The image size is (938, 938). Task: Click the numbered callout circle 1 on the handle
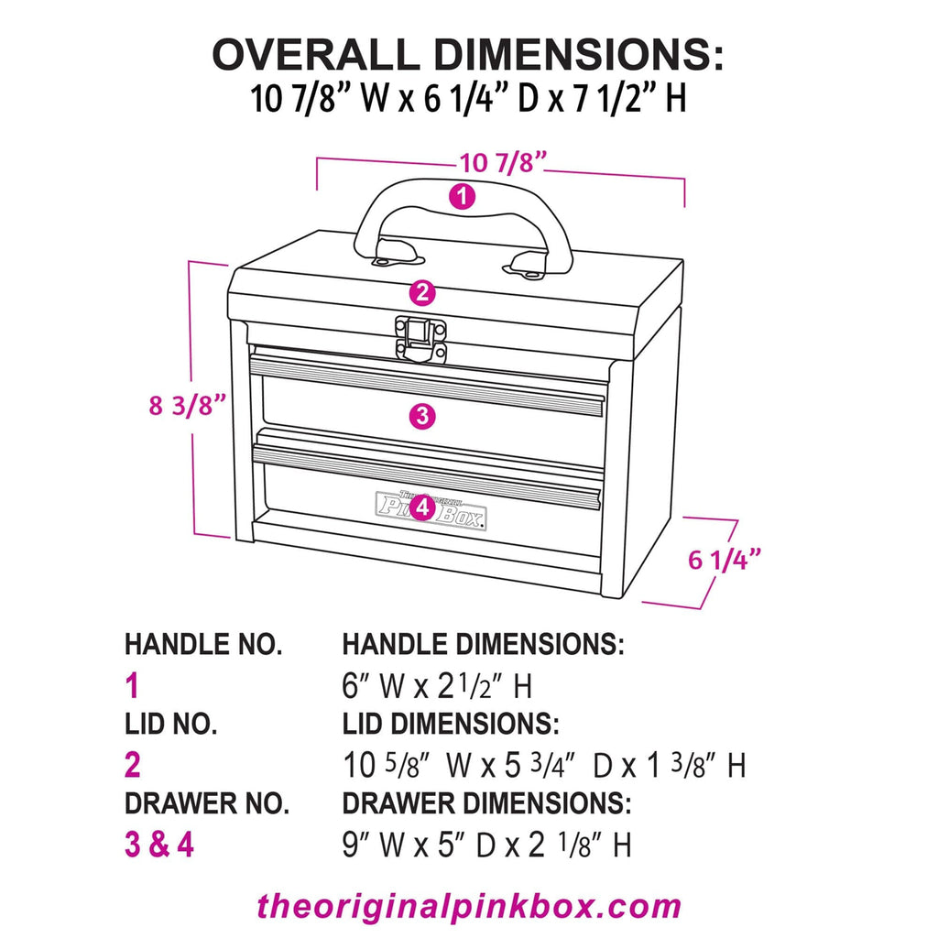click(x=464, y=196)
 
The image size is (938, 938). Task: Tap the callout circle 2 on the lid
click(x=422, y=293)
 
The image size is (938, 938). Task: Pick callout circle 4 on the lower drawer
click(x=421, y=507)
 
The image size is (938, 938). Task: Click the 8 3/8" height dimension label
click(x=188, y=404)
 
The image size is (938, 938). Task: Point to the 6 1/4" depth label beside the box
click(x=725, y=559)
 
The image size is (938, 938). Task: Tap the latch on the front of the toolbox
click(x=420, y=339)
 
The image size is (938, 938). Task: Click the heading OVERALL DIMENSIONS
click(x=468, y=56)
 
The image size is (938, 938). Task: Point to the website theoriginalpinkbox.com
click(x=469, y=906)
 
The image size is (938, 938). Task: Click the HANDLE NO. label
click(x=203, y=644)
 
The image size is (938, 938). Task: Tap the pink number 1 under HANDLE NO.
click(x=133, y=685)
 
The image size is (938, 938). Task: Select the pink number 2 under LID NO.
click(x=134, y=764)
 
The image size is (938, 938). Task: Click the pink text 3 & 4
click(x=159, y=844)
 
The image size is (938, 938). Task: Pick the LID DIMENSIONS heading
click(x=450, y=725)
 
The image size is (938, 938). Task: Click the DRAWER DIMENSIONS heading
click(x=485, y=804)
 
